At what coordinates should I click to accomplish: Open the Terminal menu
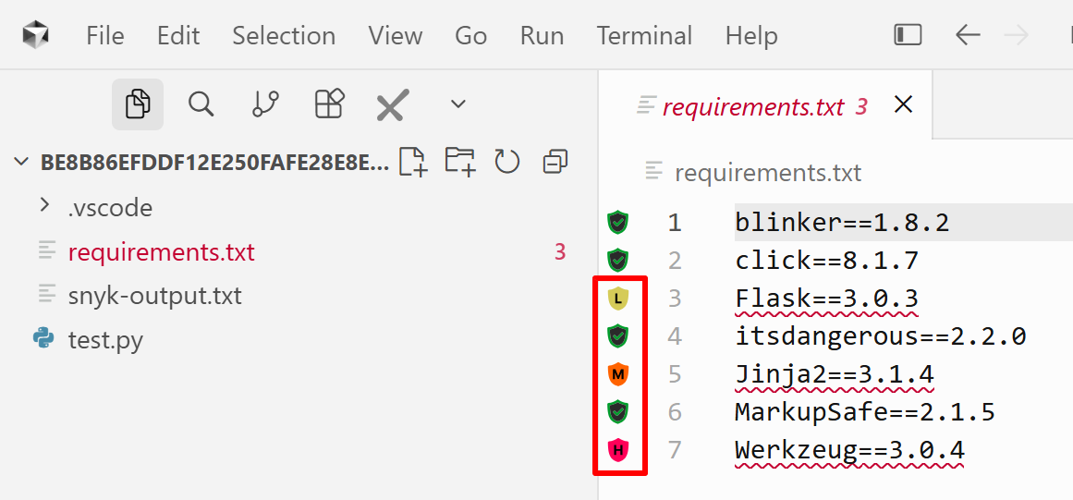(644, 35)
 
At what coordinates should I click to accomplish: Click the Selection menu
(284, 35)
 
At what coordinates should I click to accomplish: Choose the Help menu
(751, 35)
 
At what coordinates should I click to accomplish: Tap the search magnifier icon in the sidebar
(201, 104)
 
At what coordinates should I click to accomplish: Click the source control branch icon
(265, 104)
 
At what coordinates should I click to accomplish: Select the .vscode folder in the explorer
(109, 207)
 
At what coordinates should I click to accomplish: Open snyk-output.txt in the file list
(154, 296)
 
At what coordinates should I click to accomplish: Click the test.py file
(105, 339)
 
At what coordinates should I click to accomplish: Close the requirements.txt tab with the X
(903, 104)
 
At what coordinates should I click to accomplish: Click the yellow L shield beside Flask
(618, 298)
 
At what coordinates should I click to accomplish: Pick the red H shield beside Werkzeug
(618, 449)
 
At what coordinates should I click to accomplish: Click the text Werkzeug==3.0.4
(850, 450)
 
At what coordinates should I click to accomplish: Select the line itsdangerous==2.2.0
(881, 336)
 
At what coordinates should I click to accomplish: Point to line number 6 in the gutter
(675, 412)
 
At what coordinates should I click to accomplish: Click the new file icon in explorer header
(413, 162)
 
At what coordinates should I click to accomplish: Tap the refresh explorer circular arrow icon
(507, 162)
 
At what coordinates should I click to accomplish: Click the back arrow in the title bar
(968, 35)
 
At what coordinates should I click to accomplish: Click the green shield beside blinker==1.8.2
(618, 223)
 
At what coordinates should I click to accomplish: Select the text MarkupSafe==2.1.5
(865, 412)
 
